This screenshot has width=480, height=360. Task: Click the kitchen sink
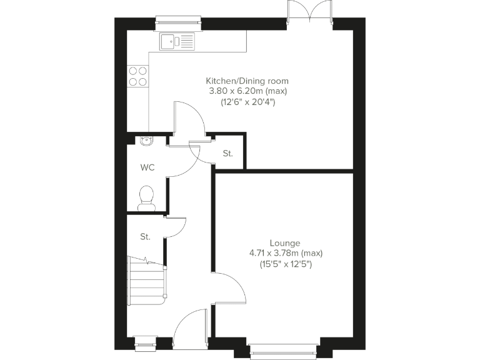(176, 42)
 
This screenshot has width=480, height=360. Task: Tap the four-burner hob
(137, 76)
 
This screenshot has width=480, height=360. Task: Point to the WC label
(147, 167)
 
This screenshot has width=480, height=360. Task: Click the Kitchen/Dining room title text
(247, 81)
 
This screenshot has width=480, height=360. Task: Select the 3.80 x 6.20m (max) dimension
(247, 91)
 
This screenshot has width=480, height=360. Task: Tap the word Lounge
(285, 243)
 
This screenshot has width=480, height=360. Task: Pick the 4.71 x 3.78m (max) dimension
(285, 253)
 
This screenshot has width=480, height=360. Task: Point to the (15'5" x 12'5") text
(285, 264)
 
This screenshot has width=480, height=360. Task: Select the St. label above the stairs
(145, 237)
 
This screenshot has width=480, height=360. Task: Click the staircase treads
(146, 281)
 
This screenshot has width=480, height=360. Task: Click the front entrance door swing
(189, 328)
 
